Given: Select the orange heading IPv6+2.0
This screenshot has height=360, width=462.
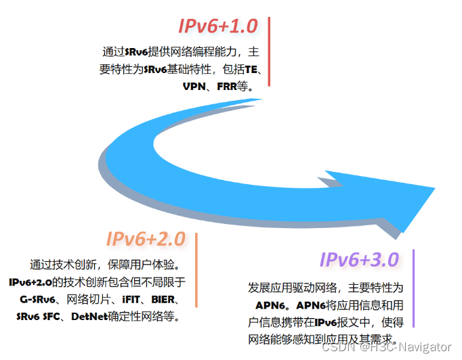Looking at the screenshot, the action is (x=145, y=239).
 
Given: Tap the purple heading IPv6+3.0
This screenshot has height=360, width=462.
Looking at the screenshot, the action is (x=359, y=260).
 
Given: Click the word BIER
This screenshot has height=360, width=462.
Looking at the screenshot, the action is (x=163, y=299).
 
